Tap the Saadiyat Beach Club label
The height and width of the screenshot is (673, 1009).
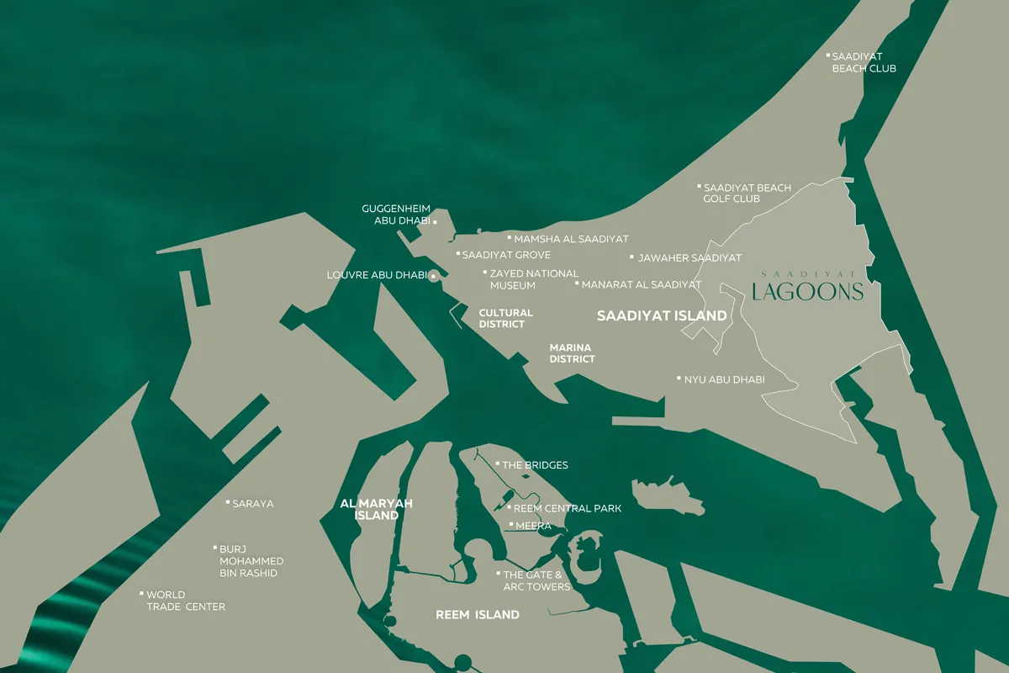(864, 62)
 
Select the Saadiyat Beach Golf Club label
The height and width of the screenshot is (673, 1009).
(747, 193)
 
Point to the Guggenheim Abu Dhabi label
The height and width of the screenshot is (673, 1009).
(396, 215)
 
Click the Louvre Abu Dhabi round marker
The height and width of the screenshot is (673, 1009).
(433, 276)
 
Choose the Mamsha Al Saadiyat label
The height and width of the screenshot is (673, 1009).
(571, 239)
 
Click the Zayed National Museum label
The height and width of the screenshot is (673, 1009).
(533, 279)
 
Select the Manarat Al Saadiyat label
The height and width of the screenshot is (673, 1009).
(641, 285)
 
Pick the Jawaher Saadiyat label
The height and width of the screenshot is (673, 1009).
(689, 257)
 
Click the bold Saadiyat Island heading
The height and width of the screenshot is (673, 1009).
(662, 316)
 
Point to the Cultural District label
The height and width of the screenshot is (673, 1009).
(505, 318)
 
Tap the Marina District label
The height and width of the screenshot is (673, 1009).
(572, 353)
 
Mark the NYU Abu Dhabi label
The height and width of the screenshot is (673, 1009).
(724, 379)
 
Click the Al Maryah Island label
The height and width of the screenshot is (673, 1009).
(376, 509)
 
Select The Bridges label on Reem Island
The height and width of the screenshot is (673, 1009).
(535, 465)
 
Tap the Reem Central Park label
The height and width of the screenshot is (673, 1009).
(567, 508)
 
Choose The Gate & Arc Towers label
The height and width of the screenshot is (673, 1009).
(536, 580)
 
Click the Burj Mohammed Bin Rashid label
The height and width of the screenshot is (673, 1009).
(251, 561)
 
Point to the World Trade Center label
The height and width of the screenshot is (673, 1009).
(185, 601)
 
